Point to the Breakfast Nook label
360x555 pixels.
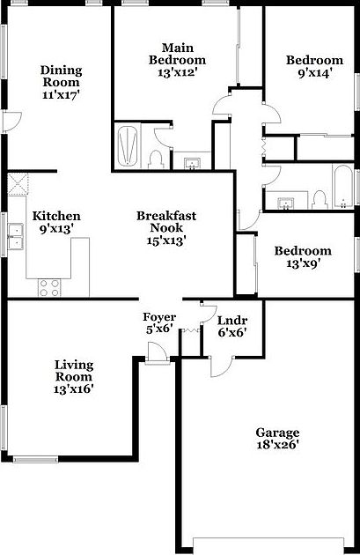(x=165, y=222)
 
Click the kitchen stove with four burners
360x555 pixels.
(x=48, y=286)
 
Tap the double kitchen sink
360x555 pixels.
(x=15, y=236)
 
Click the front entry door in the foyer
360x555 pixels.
(x=157, y=355)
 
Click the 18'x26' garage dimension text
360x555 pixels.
(x=277, y=446)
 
